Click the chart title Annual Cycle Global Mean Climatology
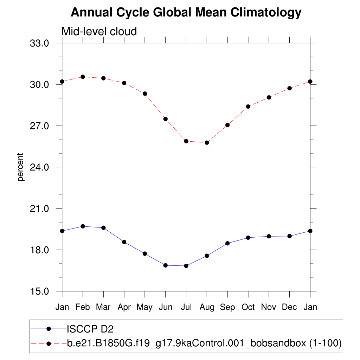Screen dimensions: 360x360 coord(186,13)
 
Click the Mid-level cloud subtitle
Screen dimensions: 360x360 coord(99,31)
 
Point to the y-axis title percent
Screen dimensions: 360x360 coord(21,167)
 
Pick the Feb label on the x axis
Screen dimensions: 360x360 coord(83,307)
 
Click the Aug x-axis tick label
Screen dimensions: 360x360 coord(207,307)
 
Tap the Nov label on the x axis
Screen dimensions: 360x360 coord(269,307)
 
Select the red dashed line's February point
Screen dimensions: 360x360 coord(83,77)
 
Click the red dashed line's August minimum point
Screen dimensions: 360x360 coord(207,142)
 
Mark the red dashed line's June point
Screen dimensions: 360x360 coord(165,119)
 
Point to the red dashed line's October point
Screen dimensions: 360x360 coord(248,107)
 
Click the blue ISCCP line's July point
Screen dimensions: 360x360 coord(186,266)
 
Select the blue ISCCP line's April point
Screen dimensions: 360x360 coord(124,242)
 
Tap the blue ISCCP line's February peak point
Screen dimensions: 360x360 coord(83,226)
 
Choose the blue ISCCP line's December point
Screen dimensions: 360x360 coord(289,236)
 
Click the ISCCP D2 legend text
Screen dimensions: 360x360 coord(90,329)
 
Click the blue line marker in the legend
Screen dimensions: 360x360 coord(49,329)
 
